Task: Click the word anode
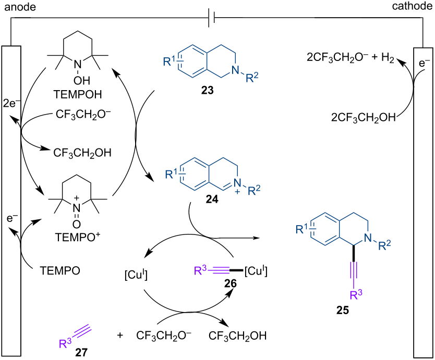click(x=20, y=7)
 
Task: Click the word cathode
click(x=412, y=6)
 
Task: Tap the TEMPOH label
click(x=78, y=94)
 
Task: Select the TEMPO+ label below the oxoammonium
click(x=78, y=237)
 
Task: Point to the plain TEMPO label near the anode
click(x=60, y=271)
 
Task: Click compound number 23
click(x=208, y=90)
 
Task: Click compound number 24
click(x=212, y=199)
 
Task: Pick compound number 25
click(x=342, y=310)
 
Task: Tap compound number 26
click(x=231, y=283)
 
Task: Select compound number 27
click(x=81, y=353)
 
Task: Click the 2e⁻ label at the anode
click(x=11, y=103)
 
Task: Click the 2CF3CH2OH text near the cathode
click(x=364, y=118)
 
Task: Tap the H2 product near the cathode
click(x=388, y=58)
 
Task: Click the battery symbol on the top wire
click(x=212, y=19)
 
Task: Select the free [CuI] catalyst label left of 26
click(x=136, y=275)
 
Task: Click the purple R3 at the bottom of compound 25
click(x=356, y=294)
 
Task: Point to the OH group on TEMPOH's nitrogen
click(x=82, y=81)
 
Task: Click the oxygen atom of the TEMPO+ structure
click(x=77, y=224)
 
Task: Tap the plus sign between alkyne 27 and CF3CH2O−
click(x=120, y=336)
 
